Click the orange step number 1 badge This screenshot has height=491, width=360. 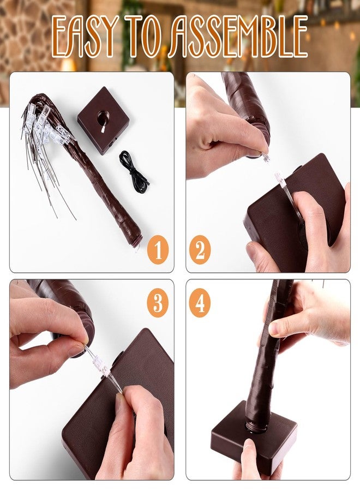click(x=158, y=250)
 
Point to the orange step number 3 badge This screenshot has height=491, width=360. click(x=158, y=303)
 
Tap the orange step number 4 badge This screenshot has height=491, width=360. click(x=200, y=303)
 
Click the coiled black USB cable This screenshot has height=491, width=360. click(x=133, y=169)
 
